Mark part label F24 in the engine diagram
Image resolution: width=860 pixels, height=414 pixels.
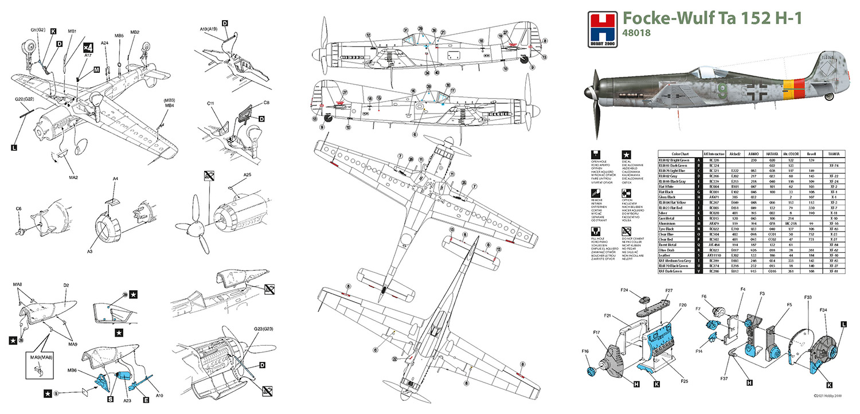coord(627,291)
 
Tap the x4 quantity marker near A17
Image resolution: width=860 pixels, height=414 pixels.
coord(87,48)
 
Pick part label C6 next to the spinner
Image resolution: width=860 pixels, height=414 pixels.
coord(19,209)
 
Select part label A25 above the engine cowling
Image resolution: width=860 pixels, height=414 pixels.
coord(247,175)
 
